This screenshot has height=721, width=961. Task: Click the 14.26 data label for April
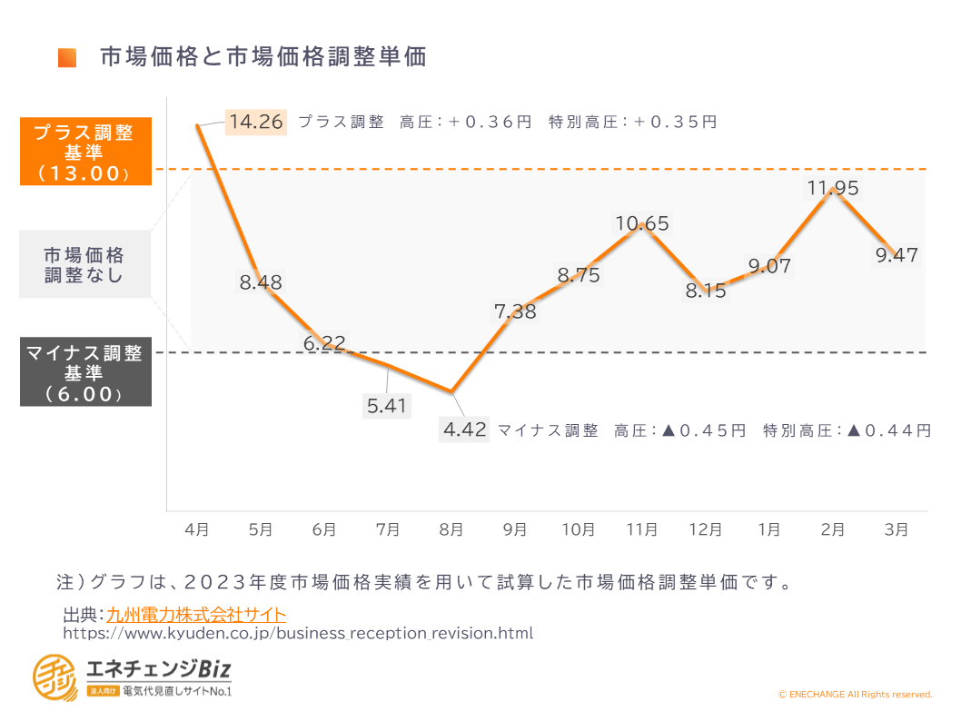click(x=257, y=122)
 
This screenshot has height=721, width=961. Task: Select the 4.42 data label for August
click(x=465, y=429)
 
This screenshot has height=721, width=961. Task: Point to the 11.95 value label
click(x=833, y=188)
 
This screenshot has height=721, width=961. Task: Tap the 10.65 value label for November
click(x=642, y=223)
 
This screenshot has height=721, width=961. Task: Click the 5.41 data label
click(x=387, y=406)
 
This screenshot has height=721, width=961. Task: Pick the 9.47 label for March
click(x=897, y=255)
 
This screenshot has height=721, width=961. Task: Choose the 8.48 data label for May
click(x=261, y=282)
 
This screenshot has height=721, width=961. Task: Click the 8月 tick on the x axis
click(x=451, y=529)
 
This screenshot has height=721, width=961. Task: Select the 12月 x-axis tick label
click(x=706, y=529)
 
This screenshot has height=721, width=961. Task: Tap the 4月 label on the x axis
click(x=197, y=529)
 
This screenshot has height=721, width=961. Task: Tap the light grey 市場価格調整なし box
click(x=85, y=264)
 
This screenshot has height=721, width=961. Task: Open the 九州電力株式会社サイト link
click(x=196, y=615)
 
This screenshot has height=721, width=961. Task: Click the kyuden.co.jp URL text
click(x=298, y=633)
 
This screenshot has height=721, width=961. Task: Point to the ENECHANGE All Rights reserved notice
click(x=855, y=695)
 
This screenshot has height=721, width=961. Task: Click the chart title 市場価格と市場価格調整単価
click(x=263, y=57)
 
